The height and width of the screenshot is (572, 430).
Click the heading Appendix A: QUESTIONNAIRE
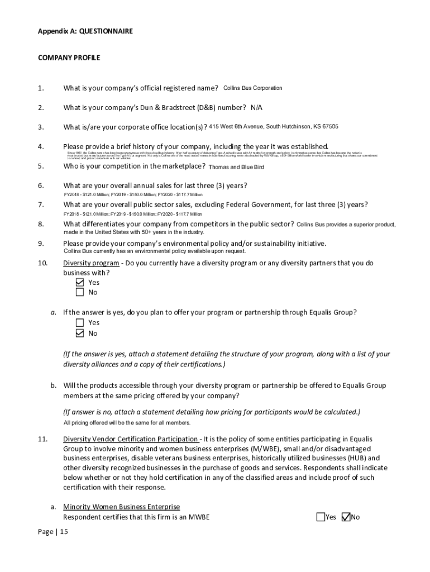pyautogui.click(x=85, y=31)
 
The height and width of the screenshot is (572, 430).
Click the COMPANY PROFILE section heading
pyautogui.click(x=69, y=58)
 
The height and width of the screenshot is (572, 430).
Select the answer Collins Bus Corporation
pyautogui.click(x=252, y=88)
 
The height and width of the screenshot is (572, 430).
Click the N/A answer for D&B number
pyautogui.click(x=256, y=107)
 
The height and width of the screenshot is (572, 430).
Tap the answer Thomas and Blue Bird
pyautogui.click(x=236, y=167)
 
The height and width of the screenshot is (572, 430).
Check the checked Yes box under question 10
pyautogui.click(x=79, y=283)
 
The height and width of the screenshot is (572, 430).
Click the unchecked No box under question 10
pyautogui.click(x=79, y=292)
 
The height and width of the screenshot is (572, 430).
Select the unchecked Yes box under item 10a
pyautogui.click(x=79, y=323)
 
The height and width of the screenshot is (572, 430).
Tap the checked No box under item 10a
pyautogui.click(x=79, y=333)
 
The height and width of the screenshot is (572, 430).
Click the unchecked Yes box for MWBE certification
pyautogui.click(x=321, y=517)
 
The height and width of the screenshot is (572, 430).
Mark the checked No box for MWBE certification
pyautogui.click(x=346, y=517)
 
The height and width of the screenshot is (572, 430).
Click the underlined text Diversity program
pyautogui.click(x=91, y=263)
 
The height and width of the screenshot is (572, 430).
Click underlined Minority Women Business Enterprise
pyautogui.click(x=121, y=507)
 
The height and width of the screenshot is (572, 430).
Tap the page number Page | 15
pyautogui.click(x=52, y=532)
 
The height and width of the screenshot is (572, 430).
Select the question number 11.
pyautogui.click(x=42, y=439)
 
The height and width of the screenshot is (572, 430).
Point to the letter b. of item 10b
pyautogui.click(x=54, y=385)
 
